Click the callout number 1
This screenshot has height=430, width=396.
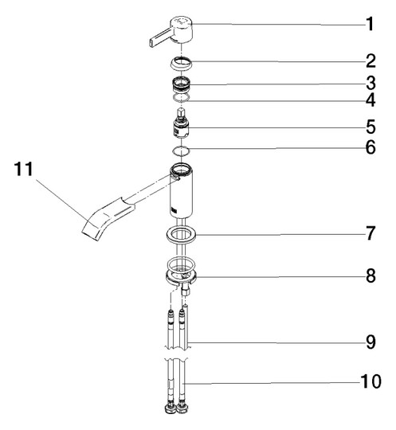coord(370,24)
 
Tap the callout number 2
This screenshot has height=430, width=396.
coord(371,61)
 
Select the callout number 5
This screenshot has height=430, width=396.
coord(371,127)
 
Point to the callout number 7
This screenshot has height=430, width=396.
coord(371,233)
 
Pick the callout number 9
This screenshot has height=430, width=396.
coord(371,342)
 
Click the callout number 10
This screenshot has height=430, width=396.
coord(371,381)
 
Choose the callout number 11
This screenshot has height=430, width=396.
coord(23,169)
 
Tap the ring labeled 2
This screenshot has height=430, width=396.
coord(180,64)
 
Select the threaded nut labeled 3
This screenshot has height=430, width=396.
coord(180,84)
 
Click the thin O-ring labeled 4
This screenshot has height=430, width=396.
coord(181,98)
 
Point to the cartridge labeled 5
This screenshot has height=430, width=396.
coord(181,124)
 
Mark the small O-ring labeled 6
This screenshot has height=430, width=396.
coord(181,151)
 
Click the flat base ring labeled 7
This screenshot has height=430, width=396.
coord(180,235)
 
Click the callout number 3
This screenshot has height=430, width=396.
coord(371,83)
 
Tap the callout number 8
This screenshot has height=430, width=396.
coord(371,276)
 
